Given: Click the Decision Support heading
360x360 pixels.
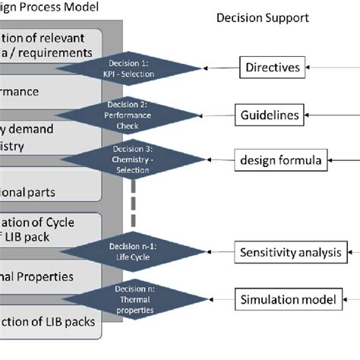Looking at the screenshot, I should click(263, 17).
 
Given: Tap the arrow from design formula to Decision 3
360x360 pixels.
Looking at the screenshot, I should click(209, 160).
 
